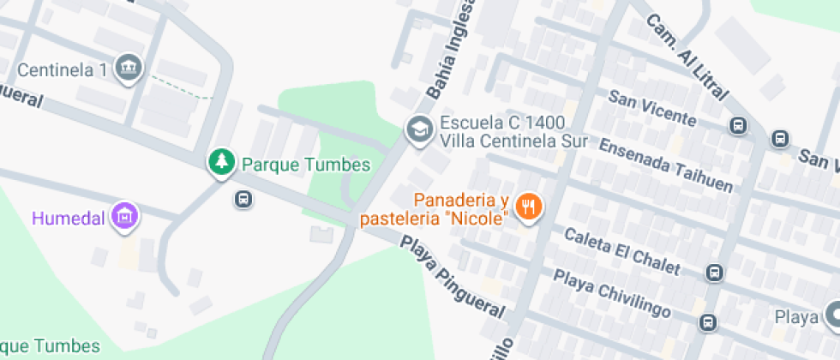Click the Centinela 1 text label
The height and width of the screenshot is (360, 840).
coord(63,70)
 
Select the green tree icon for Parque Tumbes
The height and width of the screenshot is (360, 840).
coord(222,163)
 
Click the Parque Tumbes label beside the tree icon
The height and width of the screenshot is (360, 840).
coord(305,165)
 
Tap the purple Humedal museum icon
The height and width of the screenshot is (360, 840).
coord(125,217)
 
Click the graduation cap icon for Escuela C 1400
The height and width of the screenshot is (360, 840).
coord(418,130)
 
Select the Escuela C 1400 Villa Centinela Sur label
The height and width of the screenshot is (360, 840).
coord(513,132)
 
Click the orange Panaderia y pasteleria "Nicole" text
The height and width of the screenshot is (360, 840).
coord(436,209)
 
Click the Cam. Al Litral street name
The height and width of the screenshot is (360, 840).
coord(687,55)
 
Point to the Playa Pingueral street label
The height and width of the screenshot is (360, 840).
coord(454,279)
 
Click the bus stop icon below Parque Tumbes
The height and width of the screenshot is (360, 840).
coord(243,200)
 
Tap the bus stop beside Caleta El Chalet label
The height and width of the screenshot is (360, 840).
coord(713,273)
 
